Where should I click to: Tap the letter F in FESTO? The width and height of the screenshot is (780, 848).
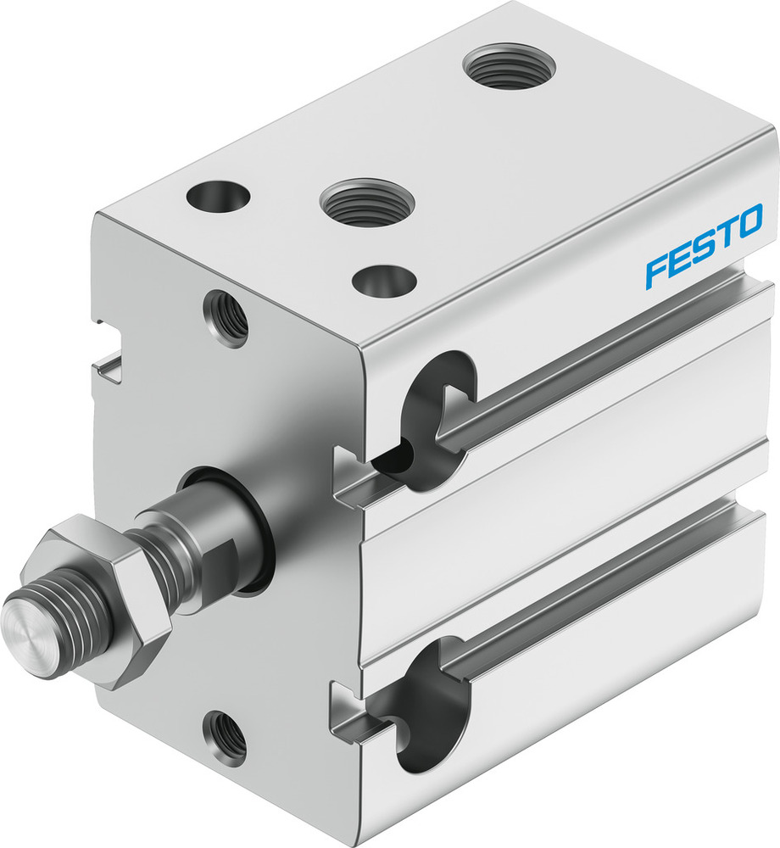point(656,271)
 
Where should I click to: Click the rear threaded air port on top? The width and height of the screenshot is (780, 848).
point(510,65)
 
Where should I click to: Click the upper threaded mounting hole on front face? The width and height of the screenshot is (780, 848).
point(226,318)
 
